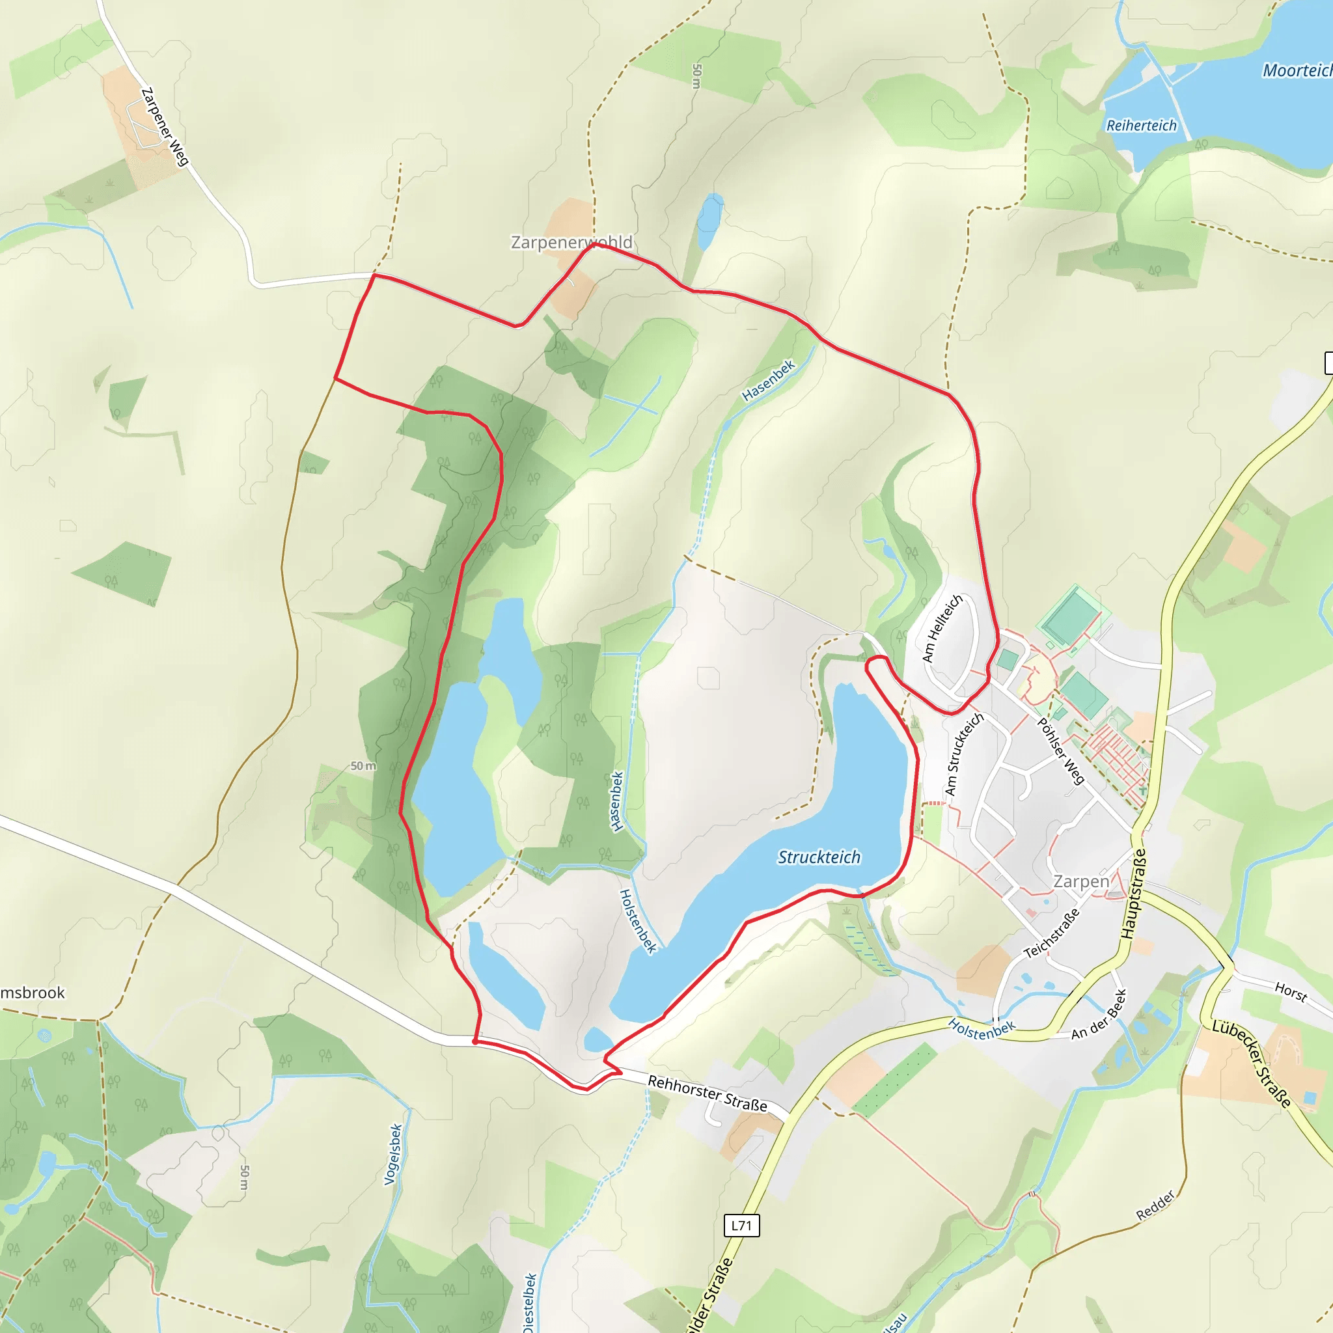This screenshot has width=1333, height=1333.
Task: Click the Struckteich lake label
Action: coord(819,857)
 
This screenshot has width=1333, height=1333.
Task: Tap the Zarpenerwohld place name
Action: coord(571,242)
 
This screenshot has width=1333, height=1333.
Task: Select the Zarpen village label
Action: coord(1081,881)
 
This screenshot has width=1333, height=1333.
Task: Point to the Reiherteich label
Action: coord(1141,126)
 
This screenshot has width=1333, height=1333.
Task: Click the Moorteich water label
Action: coord(1297,70)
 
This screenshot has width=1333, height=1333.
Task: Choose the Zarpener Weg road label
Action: coord(165,126)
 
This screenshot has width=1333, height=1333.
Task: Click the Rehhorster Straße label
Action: coord(708,1093)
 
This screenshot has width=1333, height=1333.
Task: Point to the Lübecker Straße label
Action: coord(1252,1065)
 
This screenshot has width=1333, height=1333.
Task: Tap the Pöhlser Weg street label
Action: coord(1061,751)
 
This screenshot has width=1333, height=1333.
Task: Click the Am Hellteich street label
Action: coord(942,629)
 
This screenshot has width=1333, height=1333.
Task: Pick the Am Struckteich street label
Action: coord(963,755)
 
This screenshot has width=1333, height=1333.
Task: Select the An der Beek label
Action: coord(1099,1015)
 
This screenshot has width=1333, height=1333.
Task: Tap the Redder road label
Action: coord(1155,1205)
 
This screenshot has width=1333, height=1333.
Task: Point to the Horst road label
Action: coord(1290,992)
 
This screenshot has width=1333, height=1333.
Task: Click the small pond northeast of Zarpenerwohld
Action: coord(709,221)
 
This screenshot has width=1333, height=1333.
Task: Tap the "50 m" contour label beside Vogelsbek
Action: coord(243,1177)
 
